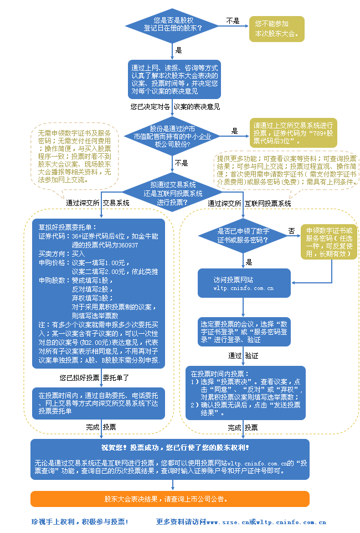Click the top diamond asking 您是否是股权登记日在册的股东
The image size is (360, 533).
pos(173,24)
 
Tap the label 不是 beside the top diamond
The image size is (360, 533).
pos(233,21)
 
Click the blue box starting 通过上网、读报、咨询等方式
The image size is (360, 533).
pos(174,79)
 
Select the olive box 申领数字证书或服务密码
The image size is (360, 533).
pos(328,241)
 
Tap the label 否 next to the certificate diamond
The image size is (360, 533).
pos(292,230)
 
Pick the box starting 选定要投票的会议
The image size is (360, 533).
pos(244,331)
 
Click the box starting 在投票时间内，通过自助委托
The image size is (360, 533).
pos(99,403)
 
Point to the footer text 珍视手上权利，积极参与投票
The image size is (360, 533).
pos(80,522)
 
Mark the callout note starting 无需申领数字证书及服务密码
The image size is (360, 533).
pos(74,157)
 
